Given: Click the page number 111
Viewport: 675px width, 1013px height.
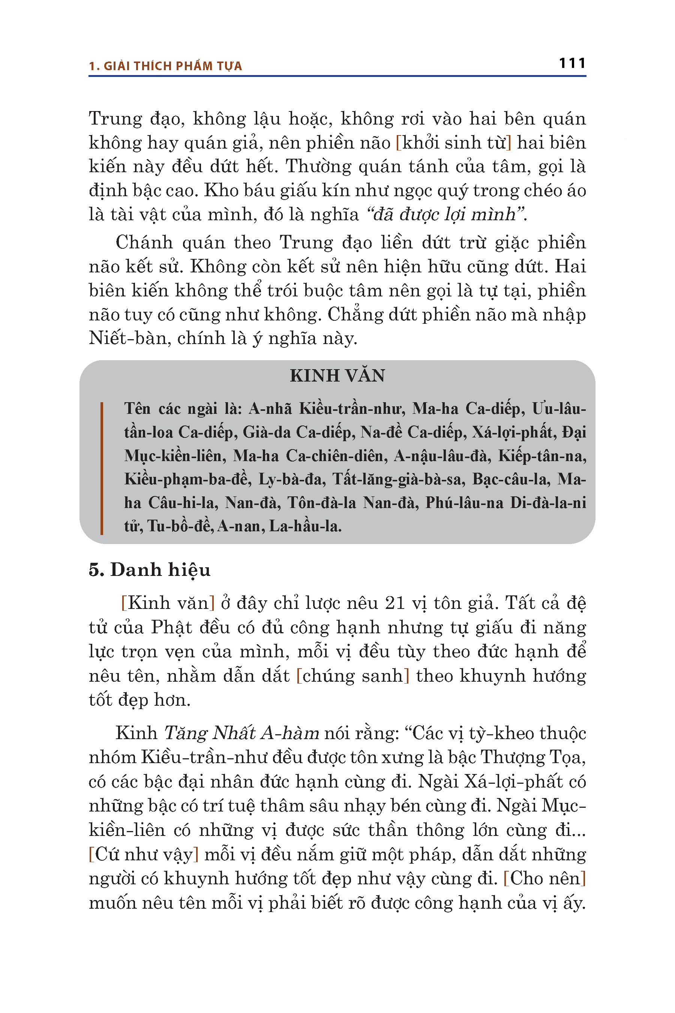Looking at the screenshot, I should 572,63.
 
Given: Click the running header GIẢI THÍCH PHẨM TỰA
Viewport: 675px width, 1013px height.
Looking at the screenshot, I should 172,66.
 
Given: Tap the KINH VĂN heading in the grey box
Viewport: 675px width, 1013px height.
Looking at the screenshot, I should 337,376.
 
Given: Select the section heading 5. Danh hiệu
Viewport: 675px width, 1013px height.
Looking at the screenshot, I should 149,570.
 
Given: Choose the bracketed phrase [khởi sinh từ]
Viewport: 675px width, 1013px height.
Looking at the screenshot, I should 453,143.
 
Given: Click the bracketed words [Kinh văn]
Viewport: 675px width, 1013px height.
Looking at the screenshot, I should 168,603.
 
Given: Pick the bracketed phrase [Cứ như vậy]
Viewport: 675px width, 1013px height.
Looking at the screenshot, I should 143,854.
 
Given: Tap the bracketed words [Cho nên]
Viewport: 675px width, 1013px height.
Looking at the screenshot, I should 544,878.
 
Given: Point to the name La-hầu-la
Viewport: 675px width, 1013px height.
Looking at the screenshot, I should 305,526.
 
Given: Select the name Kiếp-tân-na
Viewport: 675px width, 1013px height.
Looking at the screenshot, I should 542,456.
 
